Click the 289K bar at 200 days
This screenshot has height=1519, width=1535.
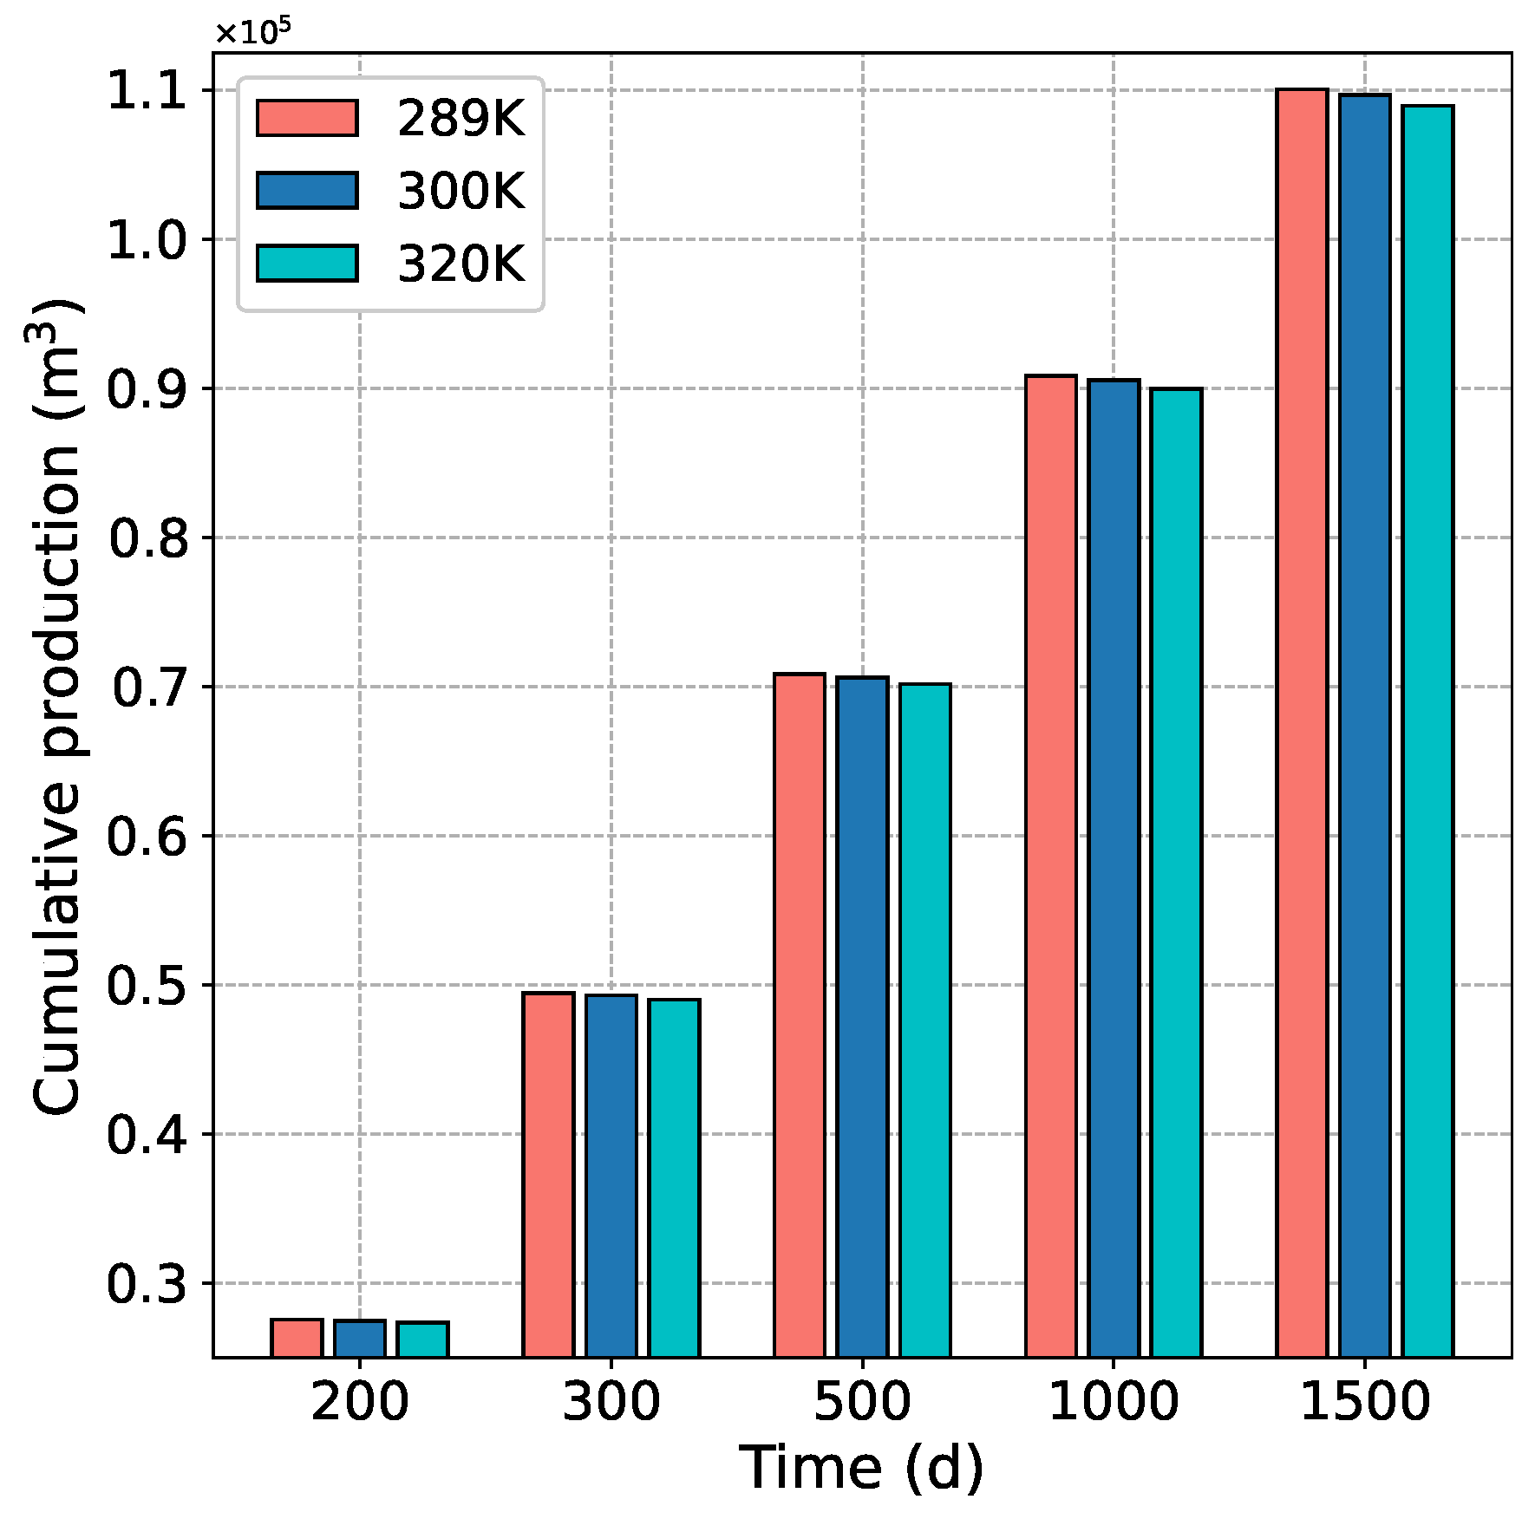297,1338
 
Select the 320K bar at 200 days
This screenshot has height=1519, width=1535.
422,1340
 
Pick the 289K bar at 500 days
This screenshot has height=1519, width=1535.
799,1014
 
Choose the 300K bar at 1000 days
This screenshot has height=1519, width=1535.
1114,867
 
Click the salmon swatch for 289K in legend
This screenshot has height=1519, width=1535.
307,118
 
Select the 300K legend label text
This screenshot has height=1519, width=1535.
460,191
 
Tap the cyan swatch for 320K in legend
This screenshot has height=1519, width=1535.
307,264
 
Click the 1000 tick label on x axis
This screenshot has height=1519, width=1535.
1114,1402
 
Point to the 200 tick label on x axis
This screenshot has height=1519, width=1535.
359,1402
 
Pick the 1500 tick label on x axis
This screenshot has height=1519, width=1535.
1364,1402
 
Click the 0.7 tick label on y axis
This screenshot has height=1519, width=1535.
149,688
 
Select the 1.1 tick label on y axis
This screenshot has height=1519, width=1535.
147,90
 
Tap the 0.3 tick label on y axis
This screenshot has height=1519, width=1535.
147,1284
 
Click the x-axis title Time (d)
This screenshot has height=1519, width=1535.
861,1468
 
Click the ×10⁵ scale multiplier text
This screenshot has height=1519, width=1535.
252,33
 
